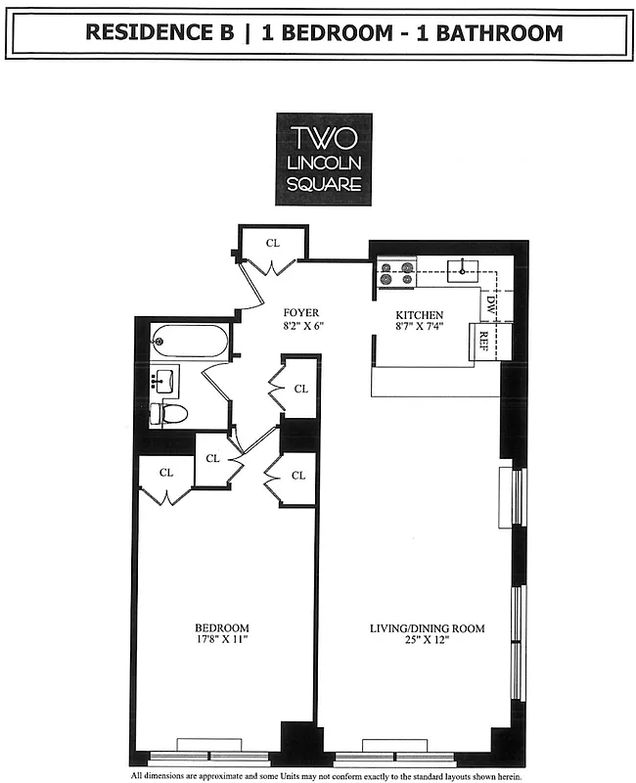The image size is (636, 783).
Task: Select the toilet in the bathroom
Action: click(x=172, y=412)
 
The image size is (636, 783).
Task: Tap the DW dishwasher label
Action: click(x=491, y=305)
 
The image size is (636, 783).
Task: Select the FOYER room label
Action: click(x=301, y=313)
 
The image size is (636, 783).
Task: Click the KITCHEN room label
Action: click(x=420, y=314)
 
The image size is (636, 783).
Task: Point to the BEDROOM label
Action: click(x=221, y=627)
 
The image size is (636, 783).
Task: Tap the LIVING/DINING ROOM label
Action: click(x=427, y=627)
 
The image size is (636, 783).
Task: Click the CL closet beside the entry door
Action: click(x=273, y=243)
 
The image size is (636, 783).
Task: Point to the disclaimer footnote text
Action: click(x=323, y=774)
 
